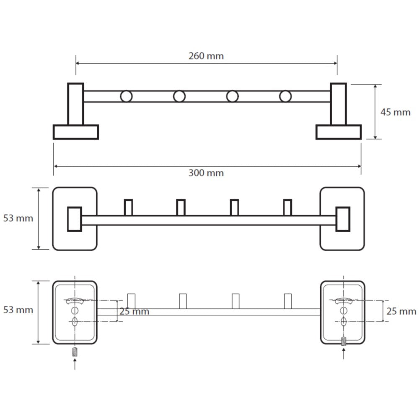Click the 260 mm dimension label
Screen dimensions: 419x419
pos(206,56)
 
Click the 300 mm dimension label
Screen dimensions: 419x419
pos(206,173)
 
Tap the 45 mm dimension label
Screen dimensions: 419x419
pos(396,112)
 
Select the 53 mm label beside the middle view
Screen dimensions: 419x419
pos(18,218)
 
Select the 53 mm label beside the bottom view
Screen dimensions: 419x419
pos(18,310)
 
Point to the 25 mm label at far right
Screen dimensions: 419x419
pos(401,311)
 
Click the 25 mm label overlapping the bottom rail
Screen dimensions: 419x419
pos(134,311)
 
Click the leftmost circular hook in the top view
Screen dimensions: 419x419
pos(126,96)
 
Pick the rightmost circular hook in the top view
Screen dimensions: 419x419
pos(285,96)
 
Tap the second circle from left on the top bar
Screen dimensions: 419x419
pos(179,96)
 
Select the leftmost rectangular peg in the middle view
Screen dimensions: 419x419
pos(128,207)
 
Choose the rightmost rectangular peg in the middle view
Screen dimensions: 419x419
pos(287,207)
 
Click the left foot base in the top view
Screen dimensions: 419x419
pos(76,132)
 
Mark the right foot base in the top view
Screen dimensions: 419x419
pos(339,132)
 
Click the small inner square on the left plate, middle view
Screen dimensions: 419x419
pos(75,219)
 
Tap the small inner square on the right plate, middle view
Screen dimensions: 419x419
pos(343,219)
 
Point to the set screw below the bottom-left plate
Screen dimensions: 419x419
pos(75,352)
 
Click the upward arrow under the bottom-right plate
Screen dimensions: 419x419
pos(344,354)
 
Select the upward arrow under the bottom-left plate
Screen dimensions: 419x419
pos(75,364)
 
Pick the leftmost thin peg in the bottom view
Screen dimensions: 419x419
pos(131,301)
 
